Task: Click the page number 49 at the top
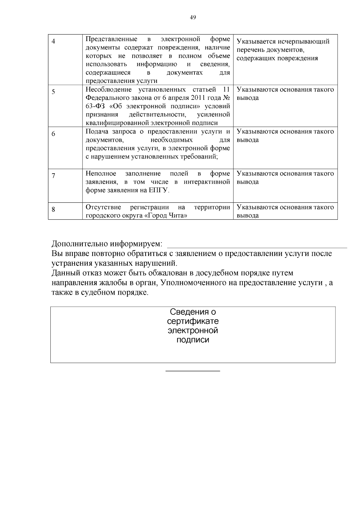point(193,17)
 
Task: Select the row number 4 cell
point(53,41)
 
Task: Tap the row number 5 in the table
point(53,92)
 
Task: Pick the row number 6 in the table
point(53,134)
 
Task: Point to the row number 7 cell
point(53,176)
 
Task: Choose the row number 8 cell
point(53,209)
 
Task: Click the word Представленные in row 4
point(111,39)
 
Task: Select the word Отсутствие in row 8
point(103,207)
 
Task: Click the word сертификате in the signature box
point(193,321)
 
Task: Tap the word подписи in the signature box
point(193,340)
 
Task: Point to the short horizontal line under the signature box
point(193,371)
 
